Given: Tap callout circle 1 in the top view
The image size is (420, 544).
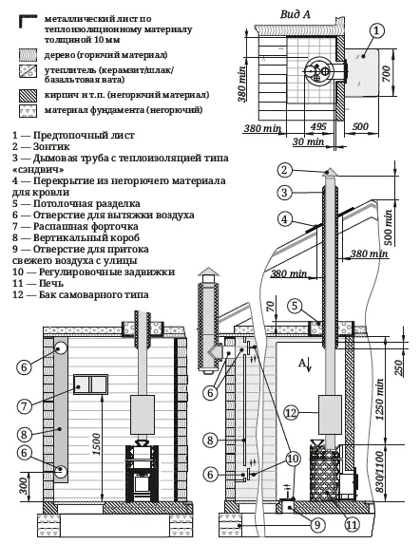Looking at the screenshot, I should point(378,31).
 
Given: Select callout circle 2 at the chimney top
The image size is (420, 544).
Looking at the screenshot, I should point(282,171).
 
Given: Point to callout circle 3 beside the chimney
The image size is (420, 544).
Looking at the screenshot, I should point(282,193).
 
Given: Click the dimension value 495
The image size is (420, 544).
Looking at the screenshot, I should point(319,125).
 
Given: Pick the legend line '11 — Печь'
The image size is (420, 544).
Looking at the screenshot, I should point(43,284).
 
